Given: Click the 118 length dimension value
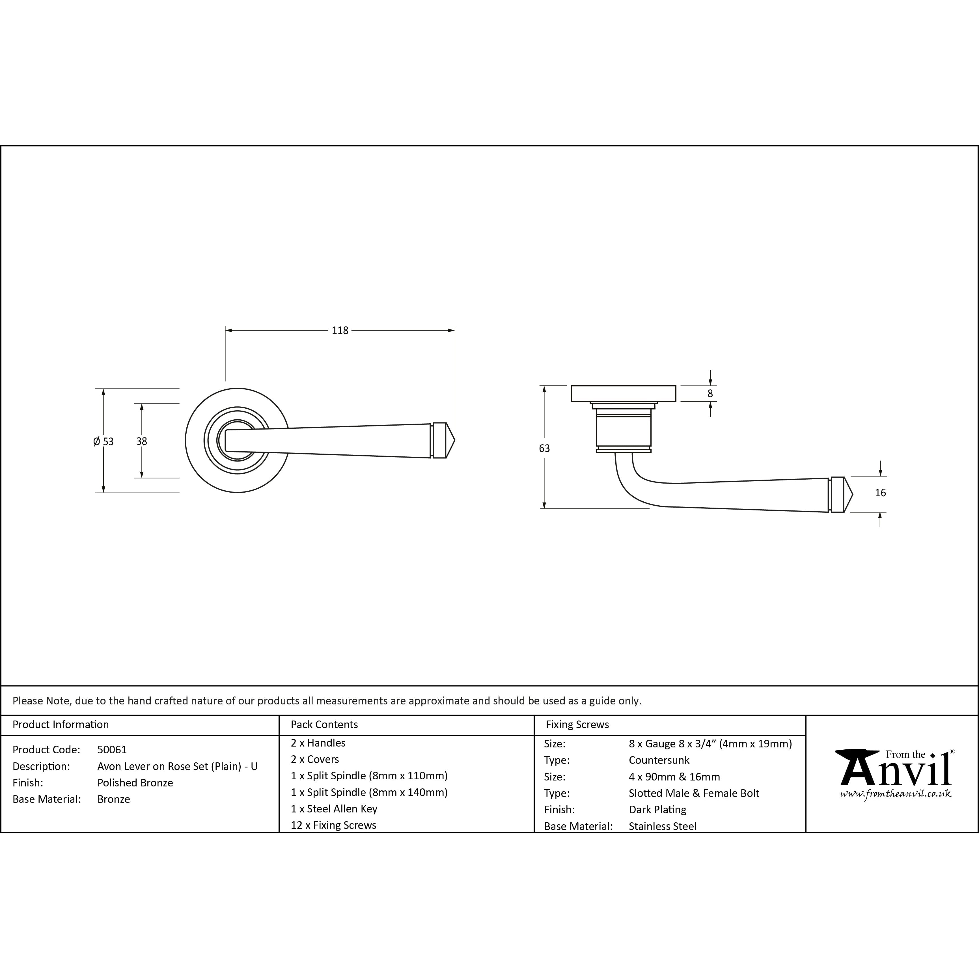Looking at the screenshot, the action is pos(340,330).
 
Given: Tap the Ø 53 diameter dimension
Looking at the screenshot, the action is pos(103,441).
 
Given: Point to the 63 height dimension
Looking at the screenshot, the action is pos(544,448).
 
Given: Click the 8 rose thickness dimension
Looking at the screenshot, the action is pos(710,393).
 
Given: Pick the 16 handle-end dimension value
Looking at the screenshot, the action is pos(880,493).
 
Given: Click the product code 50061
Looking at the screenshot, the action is pos(112,749).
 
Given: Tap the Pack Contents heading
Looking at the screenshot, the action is pos(324,724).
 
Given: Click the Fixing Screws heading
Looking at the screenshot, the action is pos(577,724).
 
